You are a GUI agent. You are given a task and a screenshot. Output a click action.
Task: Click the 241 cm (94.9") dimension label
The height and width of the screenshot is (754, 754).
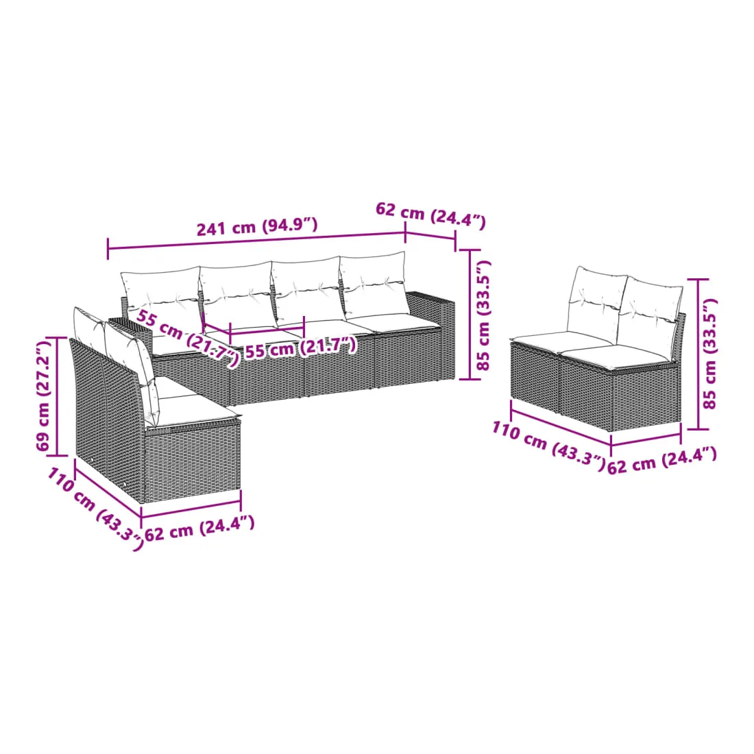tap(257, 226)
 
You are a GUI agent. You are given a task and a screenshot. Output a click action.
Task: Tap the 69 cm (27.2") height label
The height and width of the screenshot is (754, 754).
tap(43, 394)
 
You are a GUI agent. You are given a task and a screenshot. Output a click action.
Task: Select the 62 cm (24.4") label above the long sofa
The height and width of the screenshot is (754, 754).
tap(430, 215)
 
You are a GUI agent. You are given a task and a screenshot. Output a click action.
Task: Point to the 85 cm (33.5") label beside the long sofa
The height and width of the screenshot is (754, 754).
tap(483, 315)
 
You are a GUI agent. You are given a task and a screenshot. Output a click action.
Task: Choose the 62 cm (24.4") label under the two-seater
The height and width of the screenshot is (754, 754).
tap(662, 460)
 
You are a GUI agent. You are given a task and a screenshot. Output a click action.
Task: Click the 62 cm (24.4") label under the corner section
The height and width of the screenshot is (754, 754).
tap(199, 528)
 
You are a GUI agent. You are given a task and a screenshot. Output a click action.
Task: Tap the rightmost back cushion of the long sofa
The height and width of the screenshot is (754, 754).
tap(374, 286)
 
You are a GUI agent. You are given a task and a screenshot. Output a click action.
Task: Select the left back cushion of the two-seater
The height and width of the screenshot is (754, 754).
tap(597, 299)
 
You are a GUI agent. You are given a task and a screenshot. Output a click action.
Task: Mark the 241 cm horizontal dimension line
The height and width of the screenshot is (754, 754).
tap(257, 241)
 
